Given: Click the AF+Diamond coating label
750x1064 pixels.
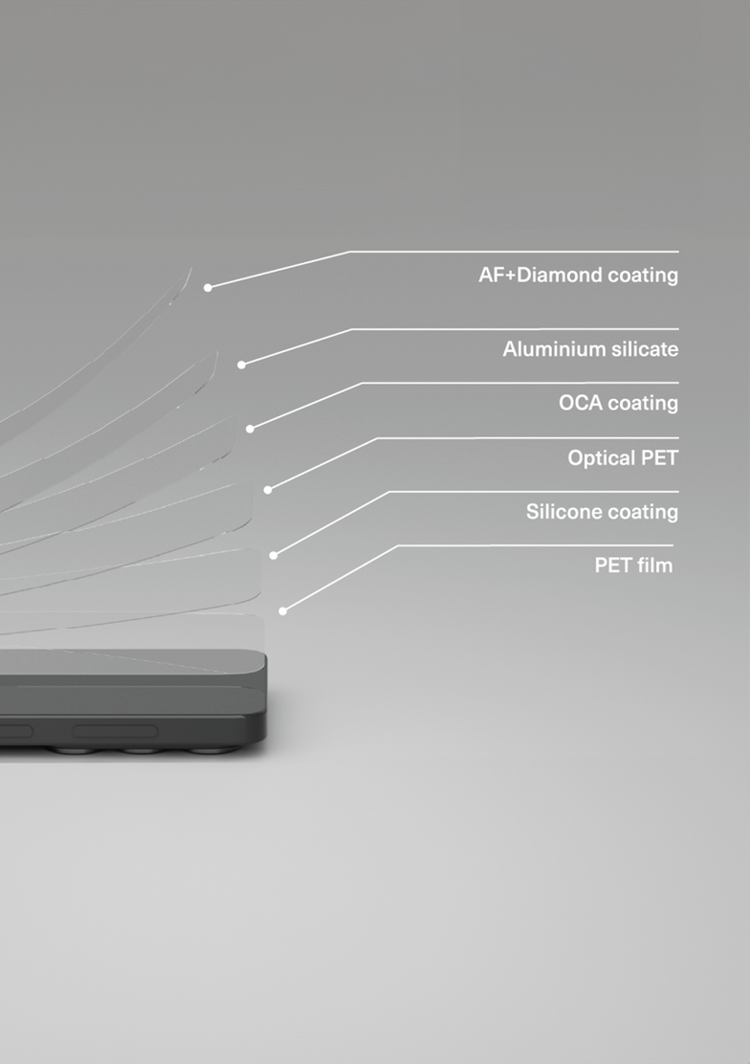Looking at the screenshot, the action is coord(578,275).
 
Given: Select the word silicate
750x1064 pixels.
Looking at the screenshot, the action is coord(645,349).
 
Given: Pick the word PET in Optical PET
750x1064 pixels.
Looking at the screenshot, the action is coord(659,458).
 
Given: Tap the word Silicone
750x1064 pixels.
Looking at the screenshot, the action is coord(560,512).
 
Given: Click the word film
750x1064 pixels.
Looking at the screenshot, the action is coord(655,565).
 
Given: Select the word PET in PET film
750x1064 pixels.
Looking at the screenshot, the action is coord(613,565).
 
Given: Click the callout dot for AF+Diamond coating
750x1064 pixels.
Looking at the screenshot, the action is coord(208,288).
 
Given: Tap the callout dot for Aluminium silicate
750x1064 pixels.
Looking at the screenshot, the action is coord(241,366).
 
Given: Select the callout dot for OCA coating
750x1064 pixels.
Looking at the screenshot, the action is coord(250,429).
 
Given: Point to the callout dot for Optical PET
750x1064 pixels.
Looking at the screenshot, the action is coord(268,490).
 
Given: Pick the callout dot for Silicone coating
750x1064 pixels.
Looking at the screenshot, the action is coord(273,556).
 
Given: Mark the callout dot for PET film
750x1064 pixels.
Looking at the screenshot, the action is coord(282,611).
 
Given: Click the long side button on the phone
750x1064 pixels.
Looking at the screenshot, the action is coord(116,731).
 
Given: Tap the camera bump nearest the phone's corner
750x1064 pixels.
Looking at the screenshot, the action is coord(213,749).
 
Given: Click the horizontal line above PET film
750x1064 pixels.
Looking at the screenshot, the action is coord(536,544).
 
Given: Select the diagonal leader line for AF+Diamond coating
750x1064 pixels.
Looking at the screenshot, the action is coord(279,270).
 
